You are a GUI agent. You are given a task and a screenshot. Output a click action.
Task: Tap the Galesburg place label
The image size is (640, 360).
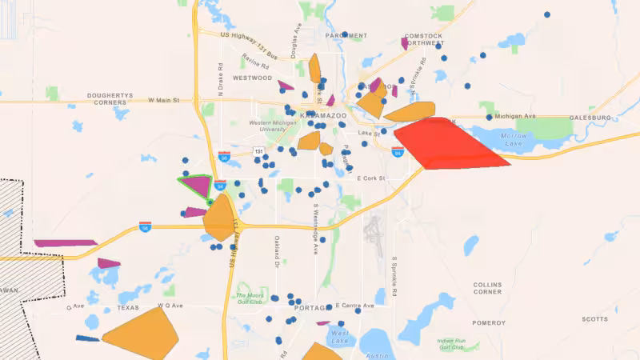pyautogui.click(x=590, y=118)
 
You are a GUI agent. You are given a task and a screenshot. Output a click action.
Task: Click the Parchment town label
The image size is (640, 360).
pyautogui.click(x=346, y=36)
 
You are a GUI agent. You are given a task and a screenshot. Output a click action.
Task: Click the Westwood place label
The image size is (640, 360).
pyautogui.click(x=253, y=78)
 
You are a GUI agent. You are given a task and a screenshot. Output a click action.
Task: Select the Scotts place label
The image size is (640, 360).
pyautogui.click(x=594, y=319)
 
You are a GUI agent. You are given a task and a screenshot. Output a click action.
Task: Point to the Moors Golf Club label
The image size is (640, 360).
pyautogui.click(x=249, y=298)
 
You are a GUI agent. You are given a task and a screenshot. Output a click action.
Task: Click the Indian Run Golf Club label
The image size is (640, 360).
pyautogui.click(x=452, y=344)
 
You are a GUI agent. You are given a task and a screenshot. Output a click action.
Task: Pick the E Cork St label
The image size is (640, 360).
pyautogui.click(x=371, y=178)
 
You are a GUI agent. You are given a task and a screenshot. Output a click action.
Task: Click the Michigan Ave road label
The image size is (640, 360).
pyautogui.click(x=514, y=116)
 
